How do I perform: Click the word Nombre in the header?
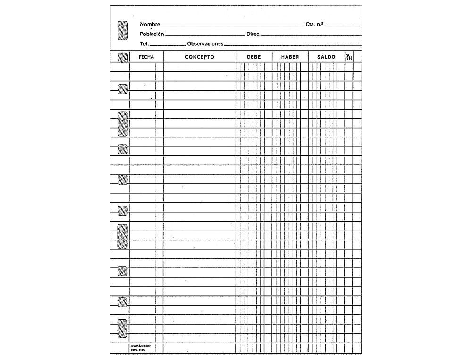pyautogui.click(x=150, y=24)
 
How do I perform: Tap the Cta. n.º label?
pyautogui.click(x=315, y=24)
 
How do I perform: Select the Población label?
pyautogui.click(x=152, y=34)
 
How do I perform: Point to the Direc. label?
pyautogui.click(x=253, y=34)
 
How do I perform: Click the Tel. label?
pyautogui.click(x=144, y=44)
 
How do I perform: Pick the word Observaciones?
pyautogui.click(x=205, y=44)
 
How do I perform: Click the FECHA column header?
pyautogui.click(x=146, y=57)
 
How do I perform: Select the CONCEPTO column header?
pyautogui.click(x=199, y=57)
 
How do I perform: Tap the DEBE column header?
pyautogui.click(x=254, y=57)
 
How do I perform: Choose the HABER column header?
pyautogui.click(x=290, y=57)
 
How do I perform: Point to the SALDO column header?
pyautogui.click(x=326, y=57)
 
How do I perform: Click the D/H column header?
pyautogui.click(x=348, y=57)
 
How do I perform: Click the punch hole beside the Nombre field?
pyautogui.click(x=122, y=30)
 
